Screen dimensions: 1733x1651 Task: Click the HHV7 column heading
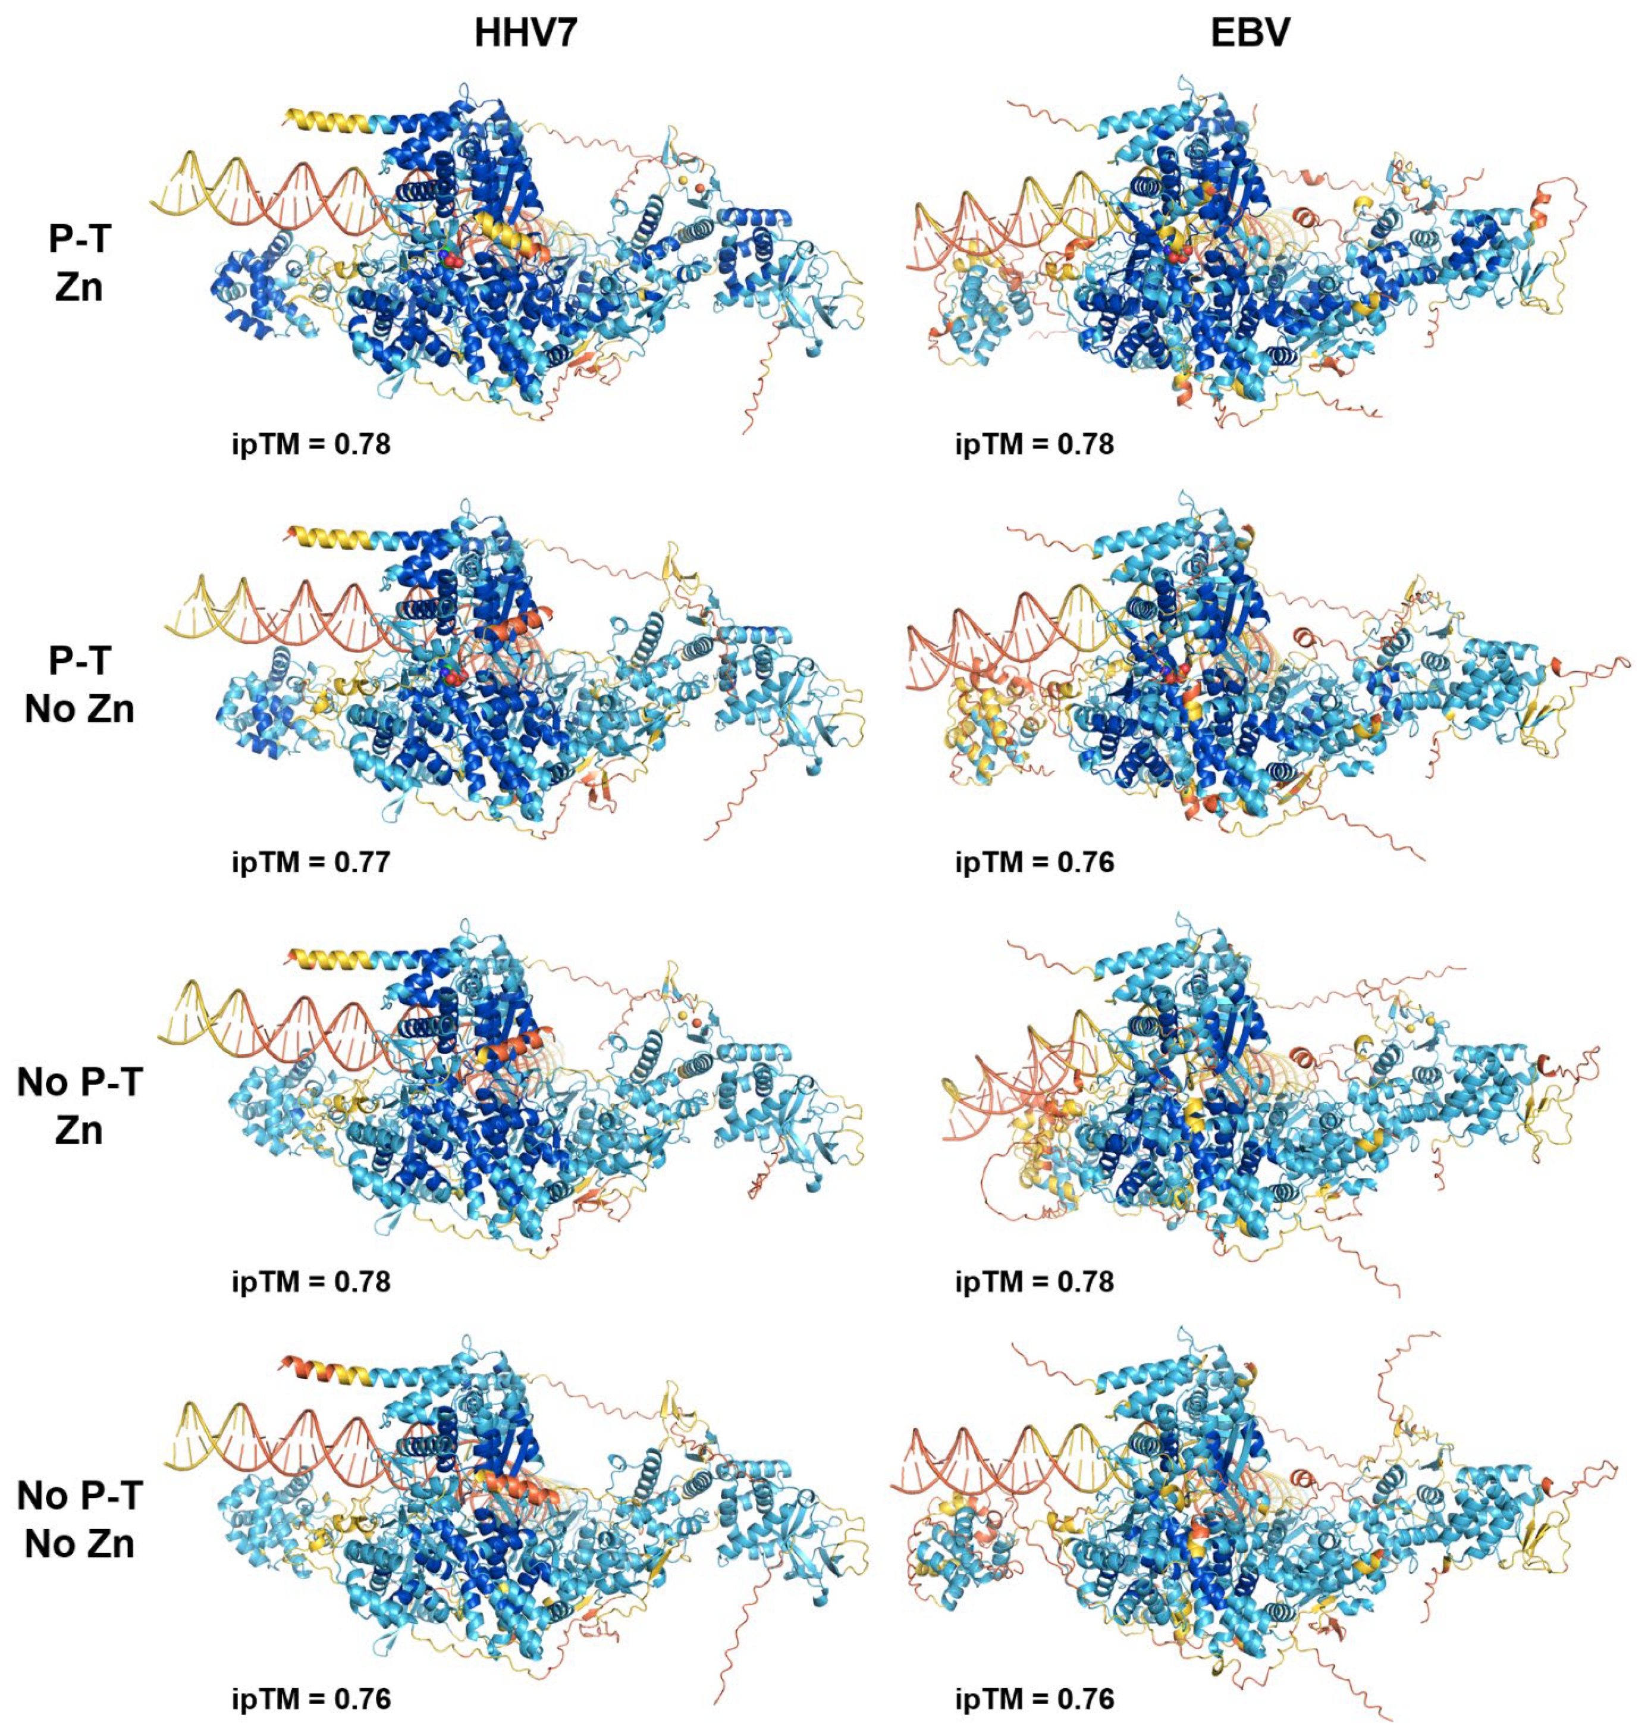tap(525, 33)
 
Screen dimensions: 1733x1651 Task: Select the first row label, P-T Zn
tap(79, 262)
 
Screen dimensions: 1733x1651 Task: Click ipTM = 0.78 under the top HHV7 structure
tap(310, 444)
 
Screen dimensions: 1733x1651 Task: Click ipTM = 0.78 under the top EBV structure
tap(1034, 444)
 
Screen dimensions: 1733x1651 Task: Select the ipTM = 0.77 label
tap(310, 861)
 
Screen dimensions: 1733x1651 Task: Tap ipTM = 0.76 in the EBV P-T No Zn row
tap(1034, 861)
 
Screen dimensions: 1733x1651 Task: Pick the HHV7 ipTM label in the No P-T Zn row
tap(310, 1281)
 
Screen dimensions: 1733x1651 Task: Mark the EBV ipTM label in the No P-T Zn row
tap(1034, 1281)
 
